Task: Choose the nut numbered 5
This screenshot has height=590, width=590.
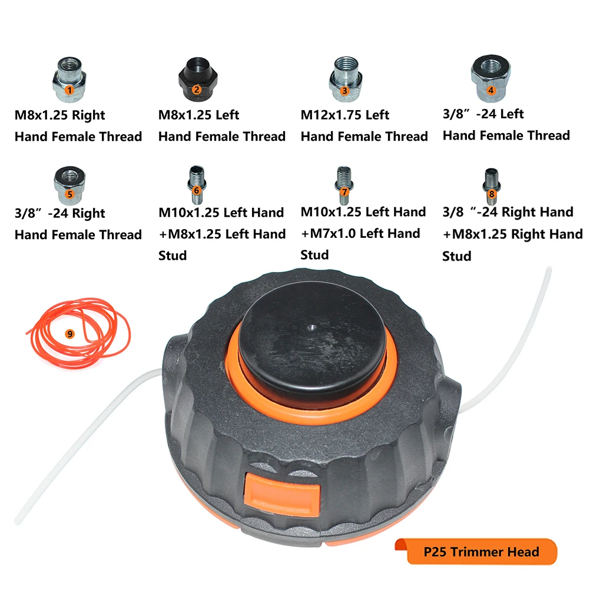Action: [x=69, y=182]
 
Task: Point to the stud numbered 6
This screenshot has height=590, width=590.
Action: [x=195, y=181]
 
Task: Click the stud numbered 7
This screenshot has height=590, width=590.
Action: [x=344, y=181]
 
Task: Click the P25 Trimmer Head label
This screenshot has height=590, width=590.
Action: [x=481, y=552]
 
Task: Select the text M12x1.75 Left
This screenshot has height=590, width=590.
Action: [x=345, y=114]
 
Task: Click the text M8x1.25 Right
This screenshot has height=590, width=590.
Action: [x=60, y=115]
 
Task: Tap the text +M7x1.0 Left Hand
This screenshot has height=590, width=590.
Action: [x=360, y=233]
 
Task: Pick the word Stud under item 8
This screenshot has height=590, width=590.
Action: [x=457, y=256]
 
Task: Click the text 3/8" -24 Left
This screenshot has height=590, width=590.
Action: [x=483, y=114]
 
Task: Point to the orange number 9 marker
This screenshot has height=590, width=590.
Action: [x=70, y=333]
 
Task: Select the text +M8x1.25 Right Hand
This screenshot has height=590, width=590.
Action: [x=512, y=234]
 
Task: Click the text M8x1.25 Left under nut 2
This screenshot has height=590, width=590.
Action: [x=199, y=115]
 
